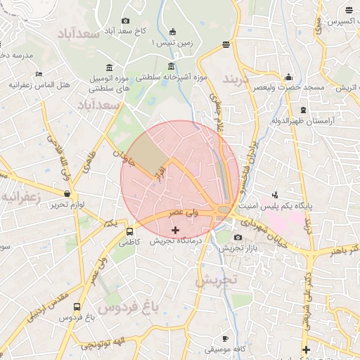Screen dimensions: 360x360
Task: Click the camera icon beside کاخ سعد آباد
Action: click(126, 21)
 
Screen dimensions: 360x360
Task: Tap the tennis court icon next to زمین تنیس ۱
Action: click(173, 32)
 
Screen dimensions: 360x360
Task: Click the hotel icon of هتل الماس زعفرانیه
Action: click(39, 74)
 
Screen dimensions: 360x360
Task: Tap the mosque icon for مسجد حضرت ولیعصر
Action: click(288, 77)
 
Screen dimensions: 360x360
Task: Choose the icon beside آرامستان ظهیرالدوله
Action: click(303, 110)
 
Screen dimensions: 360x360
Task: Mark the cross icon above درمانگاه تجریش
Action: click(175, 230)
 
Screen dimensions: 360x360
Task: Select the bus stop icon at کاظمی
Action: click(129, 231)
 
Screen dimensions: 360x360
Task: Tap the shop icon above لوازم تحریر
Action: click(67, 194)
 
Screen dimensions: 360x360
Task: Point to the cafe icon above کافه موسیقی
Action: click(225, 338)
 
